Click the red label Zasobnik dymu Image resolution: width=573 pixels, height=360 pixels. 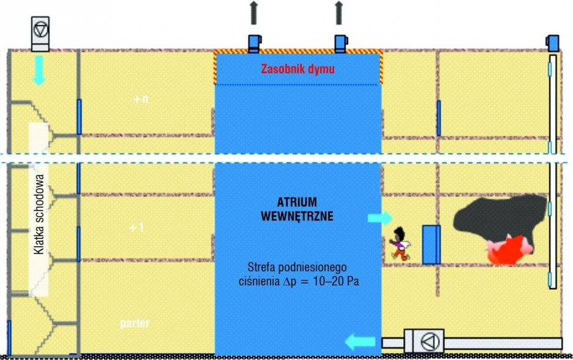tap(298, 69)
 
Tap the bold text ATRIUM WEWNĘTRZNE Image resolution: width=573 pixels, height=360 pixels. tap(297, 209)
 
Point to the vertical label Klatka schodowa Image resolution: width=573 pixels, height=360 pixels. tap(38, 214)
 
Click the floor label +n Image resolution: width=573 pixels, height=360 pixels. tap(141, 99)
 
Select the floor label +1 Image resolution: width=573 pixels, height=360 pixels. tap(137, 227)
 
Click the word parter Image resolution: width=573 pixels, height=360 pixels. tap(135, 323)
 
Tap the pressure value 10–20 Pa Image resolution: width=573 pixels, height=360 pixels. tap(336, 281)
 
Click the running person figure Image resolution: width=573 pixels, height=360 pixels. tap(400, 244)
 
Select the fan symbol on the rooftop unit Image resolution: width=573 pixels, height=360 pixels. tap(40, 29)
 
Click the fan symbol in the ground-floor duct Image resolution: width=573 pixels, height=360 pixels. tap(430, 342)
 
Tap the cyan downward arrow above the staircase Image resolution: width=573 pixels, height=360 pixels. tap(39, 70)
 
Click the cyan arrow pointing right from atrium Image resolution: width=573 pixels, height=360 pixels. tap(380, 218)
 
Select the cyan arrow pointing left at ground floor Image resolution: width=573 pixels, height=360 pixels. tap(360, 342)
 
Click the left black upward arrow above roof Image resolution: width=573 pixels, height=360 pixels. tap(254, 13)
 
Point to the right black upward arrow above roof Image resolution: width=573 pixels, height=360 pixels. tap(339, 13)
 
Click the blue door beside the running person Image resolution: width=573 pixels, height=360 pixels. tap(431, 244)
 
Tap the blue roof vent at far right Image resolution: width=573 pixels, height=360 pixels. tap(552, 43)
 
